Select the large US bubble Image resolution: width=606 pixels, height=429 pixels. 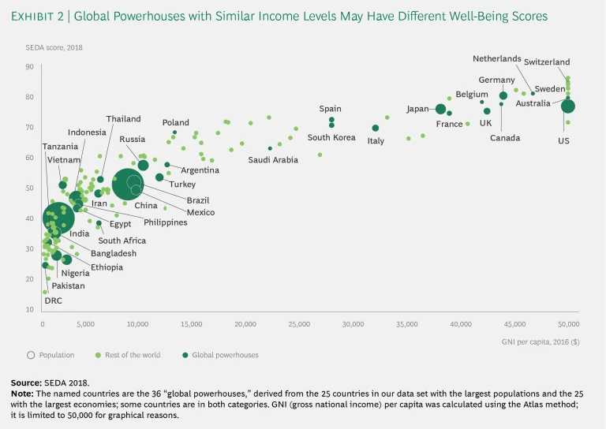coord(567,106)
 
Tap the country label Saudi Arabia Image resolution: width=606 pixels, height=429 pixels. coord(273,159)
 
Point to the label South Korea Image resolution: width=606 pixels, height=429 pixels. coord(331,137)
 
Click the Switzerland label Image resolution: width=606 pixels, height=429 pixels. coord(546,62)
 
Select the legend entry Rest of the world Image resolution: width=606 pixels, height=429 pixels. coord(130,355)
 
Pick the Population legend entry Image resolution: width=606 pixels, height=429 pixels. coord(56,355)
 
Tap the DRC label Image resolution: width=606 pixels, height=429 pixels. coord(52,300)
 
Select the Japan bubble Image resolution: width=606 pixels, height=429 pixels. coord(440,109)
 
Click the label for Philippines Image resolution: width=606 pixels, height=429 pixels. coord(166,222)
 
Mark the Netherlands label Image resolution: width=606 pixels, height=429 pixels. coord(497,58)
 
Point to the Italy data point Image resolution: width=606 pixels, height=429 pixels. coord(376,128)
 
